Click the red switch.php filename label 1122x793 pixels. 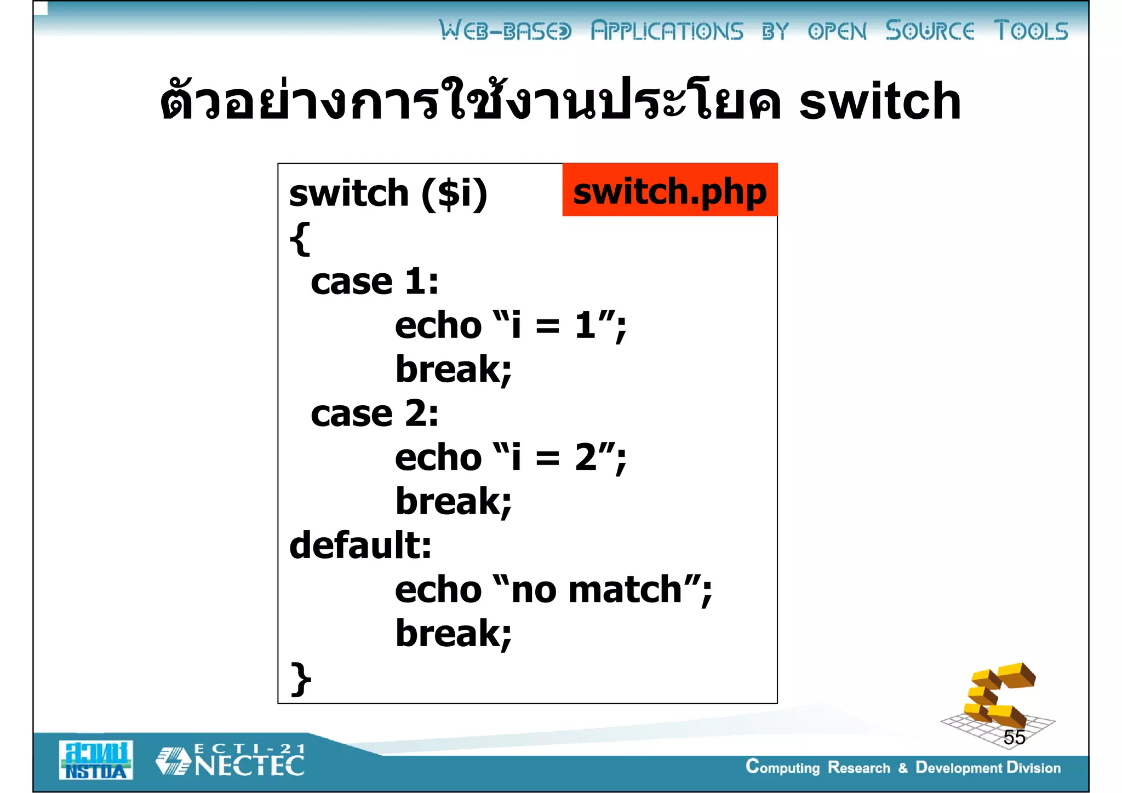point(669,190)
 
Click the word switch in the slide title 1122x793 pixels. point(880,101)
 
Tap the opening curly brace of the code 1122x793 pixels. point(300,238)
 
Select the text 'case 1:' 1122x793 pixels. point(375,282)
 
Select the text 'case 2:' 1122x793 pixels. point(375,413)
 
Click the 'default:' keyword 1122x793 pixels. point(360,545)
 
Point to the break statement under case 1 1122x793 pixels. point(454,370)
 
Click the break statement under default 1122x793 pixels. point(454,634)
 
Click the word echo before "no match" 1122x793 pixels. point(438,590)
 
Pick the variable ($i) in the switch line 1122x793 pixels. point(454,193)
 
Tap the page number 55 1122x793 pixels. point(1014,738)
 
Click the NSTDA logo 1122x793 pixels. point(96,760)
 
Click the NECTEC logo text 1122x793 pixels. point(249,765)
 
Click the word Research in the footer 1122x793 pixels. point(859,768)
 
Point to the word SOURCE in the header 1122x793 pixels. point(930,31)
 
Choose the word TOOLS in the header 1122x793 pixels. point(1031,31)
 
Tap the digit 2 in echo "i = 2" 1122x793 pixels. point(586,457)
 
